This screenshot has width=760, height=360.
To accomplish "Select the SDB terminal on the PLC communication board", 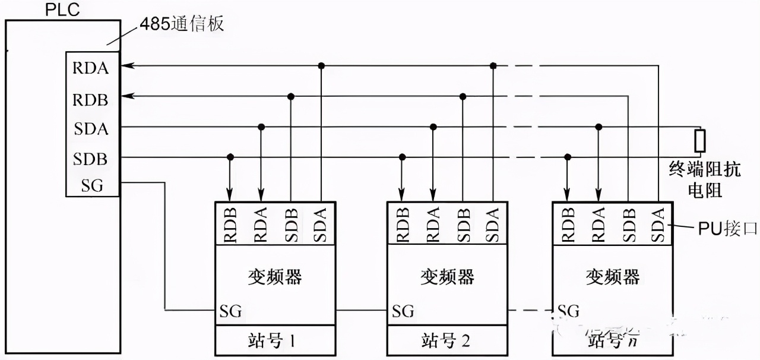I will [x=91, y=159].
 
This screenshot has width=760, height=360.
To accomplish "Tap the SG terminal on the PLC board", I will [x=92, y=186].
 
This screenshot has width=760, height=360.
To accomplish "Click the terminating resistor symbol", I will [x=701, y=141].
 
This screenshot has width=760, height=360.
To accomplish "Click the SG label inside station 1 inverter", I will [x=231, y=311].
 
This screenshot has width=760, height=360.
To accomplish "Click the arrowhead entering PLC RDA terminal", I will [x=126, y=65].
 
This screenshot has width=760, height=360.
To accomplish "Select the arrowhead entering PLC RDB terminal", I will [x=126, y=96].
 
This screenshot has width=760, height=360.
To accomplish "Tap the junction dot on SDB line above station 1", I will [x=230, y=157].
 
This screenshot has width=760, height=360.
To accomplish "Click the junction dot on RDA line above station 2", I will [x=492, y=65].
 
